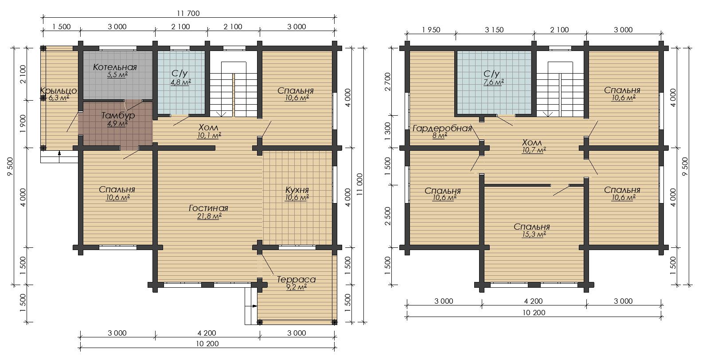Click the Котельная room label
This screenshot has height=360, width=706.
(115, 67)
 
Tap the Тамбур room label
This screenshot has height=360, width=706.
(118, 115)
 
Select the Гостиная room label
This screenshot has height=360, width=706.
(208, 208)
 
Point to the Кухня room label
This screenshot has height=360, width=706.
(297, 190)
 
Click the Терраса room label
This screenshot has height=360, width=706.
(296, 280)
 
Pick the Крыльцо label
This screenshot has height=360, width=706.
(59, 91)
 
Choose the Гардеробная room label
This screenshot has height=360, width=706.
(442, 128)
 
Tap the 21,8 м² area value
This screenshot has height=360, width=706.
(209, 216)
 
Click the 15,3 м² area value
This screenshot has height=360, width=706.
(534, 235)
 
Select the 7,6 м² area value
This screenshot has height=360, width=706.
(494, 82)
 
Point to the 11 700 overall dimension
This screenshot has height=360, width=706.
(188, 13)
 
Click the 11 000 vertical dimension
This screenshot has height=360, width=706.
(359, 184)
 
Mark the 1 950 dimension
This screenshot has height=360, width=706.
(431, 30)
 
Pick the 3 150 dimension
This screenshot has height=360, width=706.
(494, 30)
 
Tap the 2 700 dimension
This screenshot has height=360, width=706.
(388, 82)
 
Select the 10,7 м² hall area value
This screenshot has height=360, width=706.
(534, 150)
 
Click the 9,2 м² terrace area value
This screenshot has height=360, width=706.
(296, 287)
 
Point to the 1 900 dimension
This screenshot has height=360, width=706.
(22, 124)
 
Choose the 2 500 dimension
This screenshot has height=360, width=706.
(388, 216)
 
